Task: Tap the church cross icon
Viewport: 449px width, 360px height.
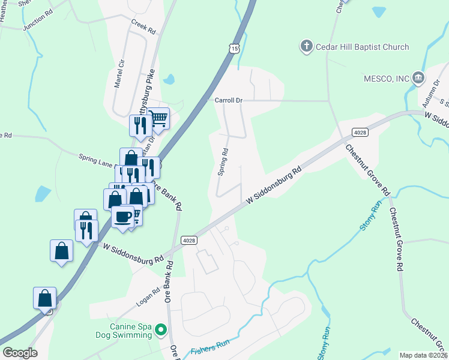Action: pyautogui.click(x=306, y=46)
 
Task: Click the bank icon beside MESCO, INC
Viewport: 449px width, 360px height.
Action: pyautogui.click(x=419, y=78)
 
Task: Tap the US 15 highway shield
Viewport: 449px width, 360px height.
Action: pyautogui.click(x=234, y=47)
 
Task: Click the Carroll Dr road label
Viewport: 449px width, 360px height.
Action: pyautogui.click(x=228, y=101)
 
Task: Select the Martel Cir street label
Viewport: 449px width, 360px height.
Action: pyautogui.click(x=120, y=72)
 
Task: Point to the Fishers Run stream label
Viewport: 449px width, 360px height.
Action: pyautogui.click(x=210, y=347)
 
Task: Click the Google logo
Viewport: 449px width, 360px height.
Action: pyautogui.click(x=20, y=353)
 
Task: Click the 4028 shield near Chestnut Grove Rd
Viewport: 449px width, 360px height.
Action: pyautogui.click(x=360, y=132)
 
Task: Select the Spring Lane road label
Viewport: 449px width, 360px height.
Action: pyautogui.click(x=96, y=159)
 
